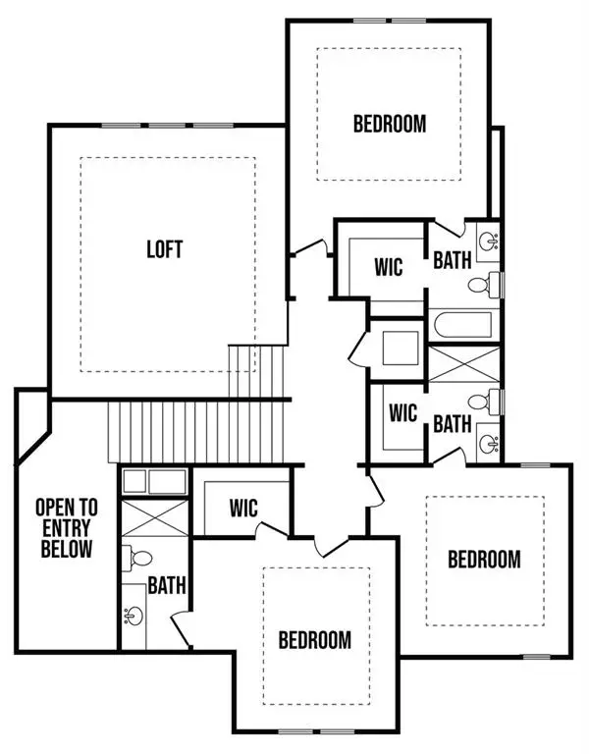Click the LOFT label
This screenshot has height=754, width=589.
click(165, 249)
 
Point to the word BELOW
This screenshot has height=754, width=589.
click(66, 550)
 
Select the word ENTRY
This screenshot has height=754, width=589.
click(66, 529)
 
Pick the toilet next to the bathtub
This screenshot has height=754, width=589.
click(481, 286)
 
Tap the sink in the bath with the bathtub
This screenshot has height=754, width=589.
click(488, 239)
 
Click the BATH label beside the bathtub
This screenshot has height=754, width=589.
click(453, 260)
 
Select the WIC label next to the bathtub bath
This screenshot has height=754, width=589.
click(389, 268)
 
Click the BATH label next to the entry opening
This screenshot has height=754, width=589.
click(167, 586)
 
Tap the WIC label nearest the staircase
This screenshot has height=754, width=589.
click(243, 508)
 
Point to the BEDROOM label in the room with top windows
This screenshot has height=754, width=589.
click(389, 124)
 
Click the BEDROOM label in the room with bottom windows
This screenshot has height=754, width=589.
click(314, 640)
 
